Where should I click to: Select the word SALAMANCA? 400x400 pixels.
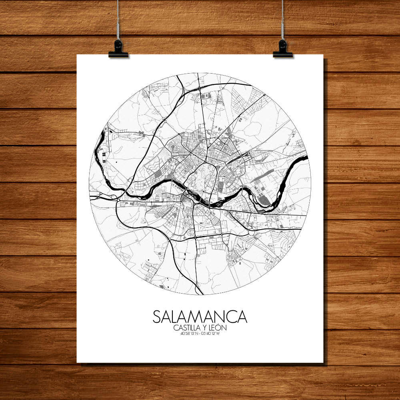coord(200,316)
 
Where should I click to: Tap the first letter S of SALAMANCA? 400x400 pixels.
coord(157,316)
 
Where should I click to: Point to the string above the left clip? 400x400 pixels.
coord(118,20)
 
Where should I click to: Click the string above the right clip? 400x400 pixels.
coord(282,20)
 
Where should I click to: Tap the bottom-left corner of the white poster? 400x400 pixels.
coord(77,362)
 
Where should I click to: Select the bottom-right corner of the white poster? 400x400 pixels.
coord(323,362)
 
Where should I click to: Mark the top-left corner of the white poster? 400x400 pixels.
coord(77,55)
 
